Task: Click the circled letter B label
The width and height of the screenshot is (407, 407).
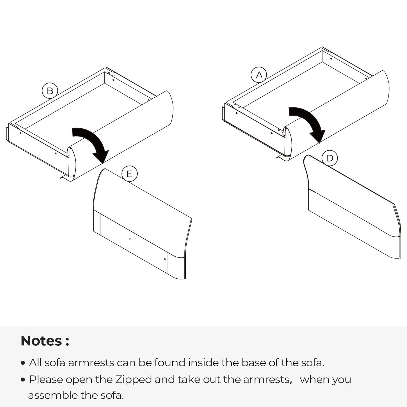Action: (50, 91)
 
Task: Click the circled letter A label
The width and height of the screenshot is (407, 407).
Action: (259, 75)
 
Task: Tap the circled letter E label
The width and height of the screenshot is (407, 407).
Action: (129, 174)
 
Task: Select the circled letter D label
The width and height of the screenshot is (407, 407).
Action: (329, 158)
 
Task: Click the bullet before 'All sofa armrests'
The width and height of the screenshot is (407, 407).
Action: (23, 363)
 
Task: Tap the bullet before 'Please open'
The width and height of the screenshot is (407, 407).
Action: (23, 380)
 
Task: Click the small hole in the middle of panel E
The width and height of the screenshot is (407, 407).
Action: (130, 239)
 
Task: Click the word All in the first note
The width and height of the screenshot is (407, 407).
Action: (35, 363)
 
